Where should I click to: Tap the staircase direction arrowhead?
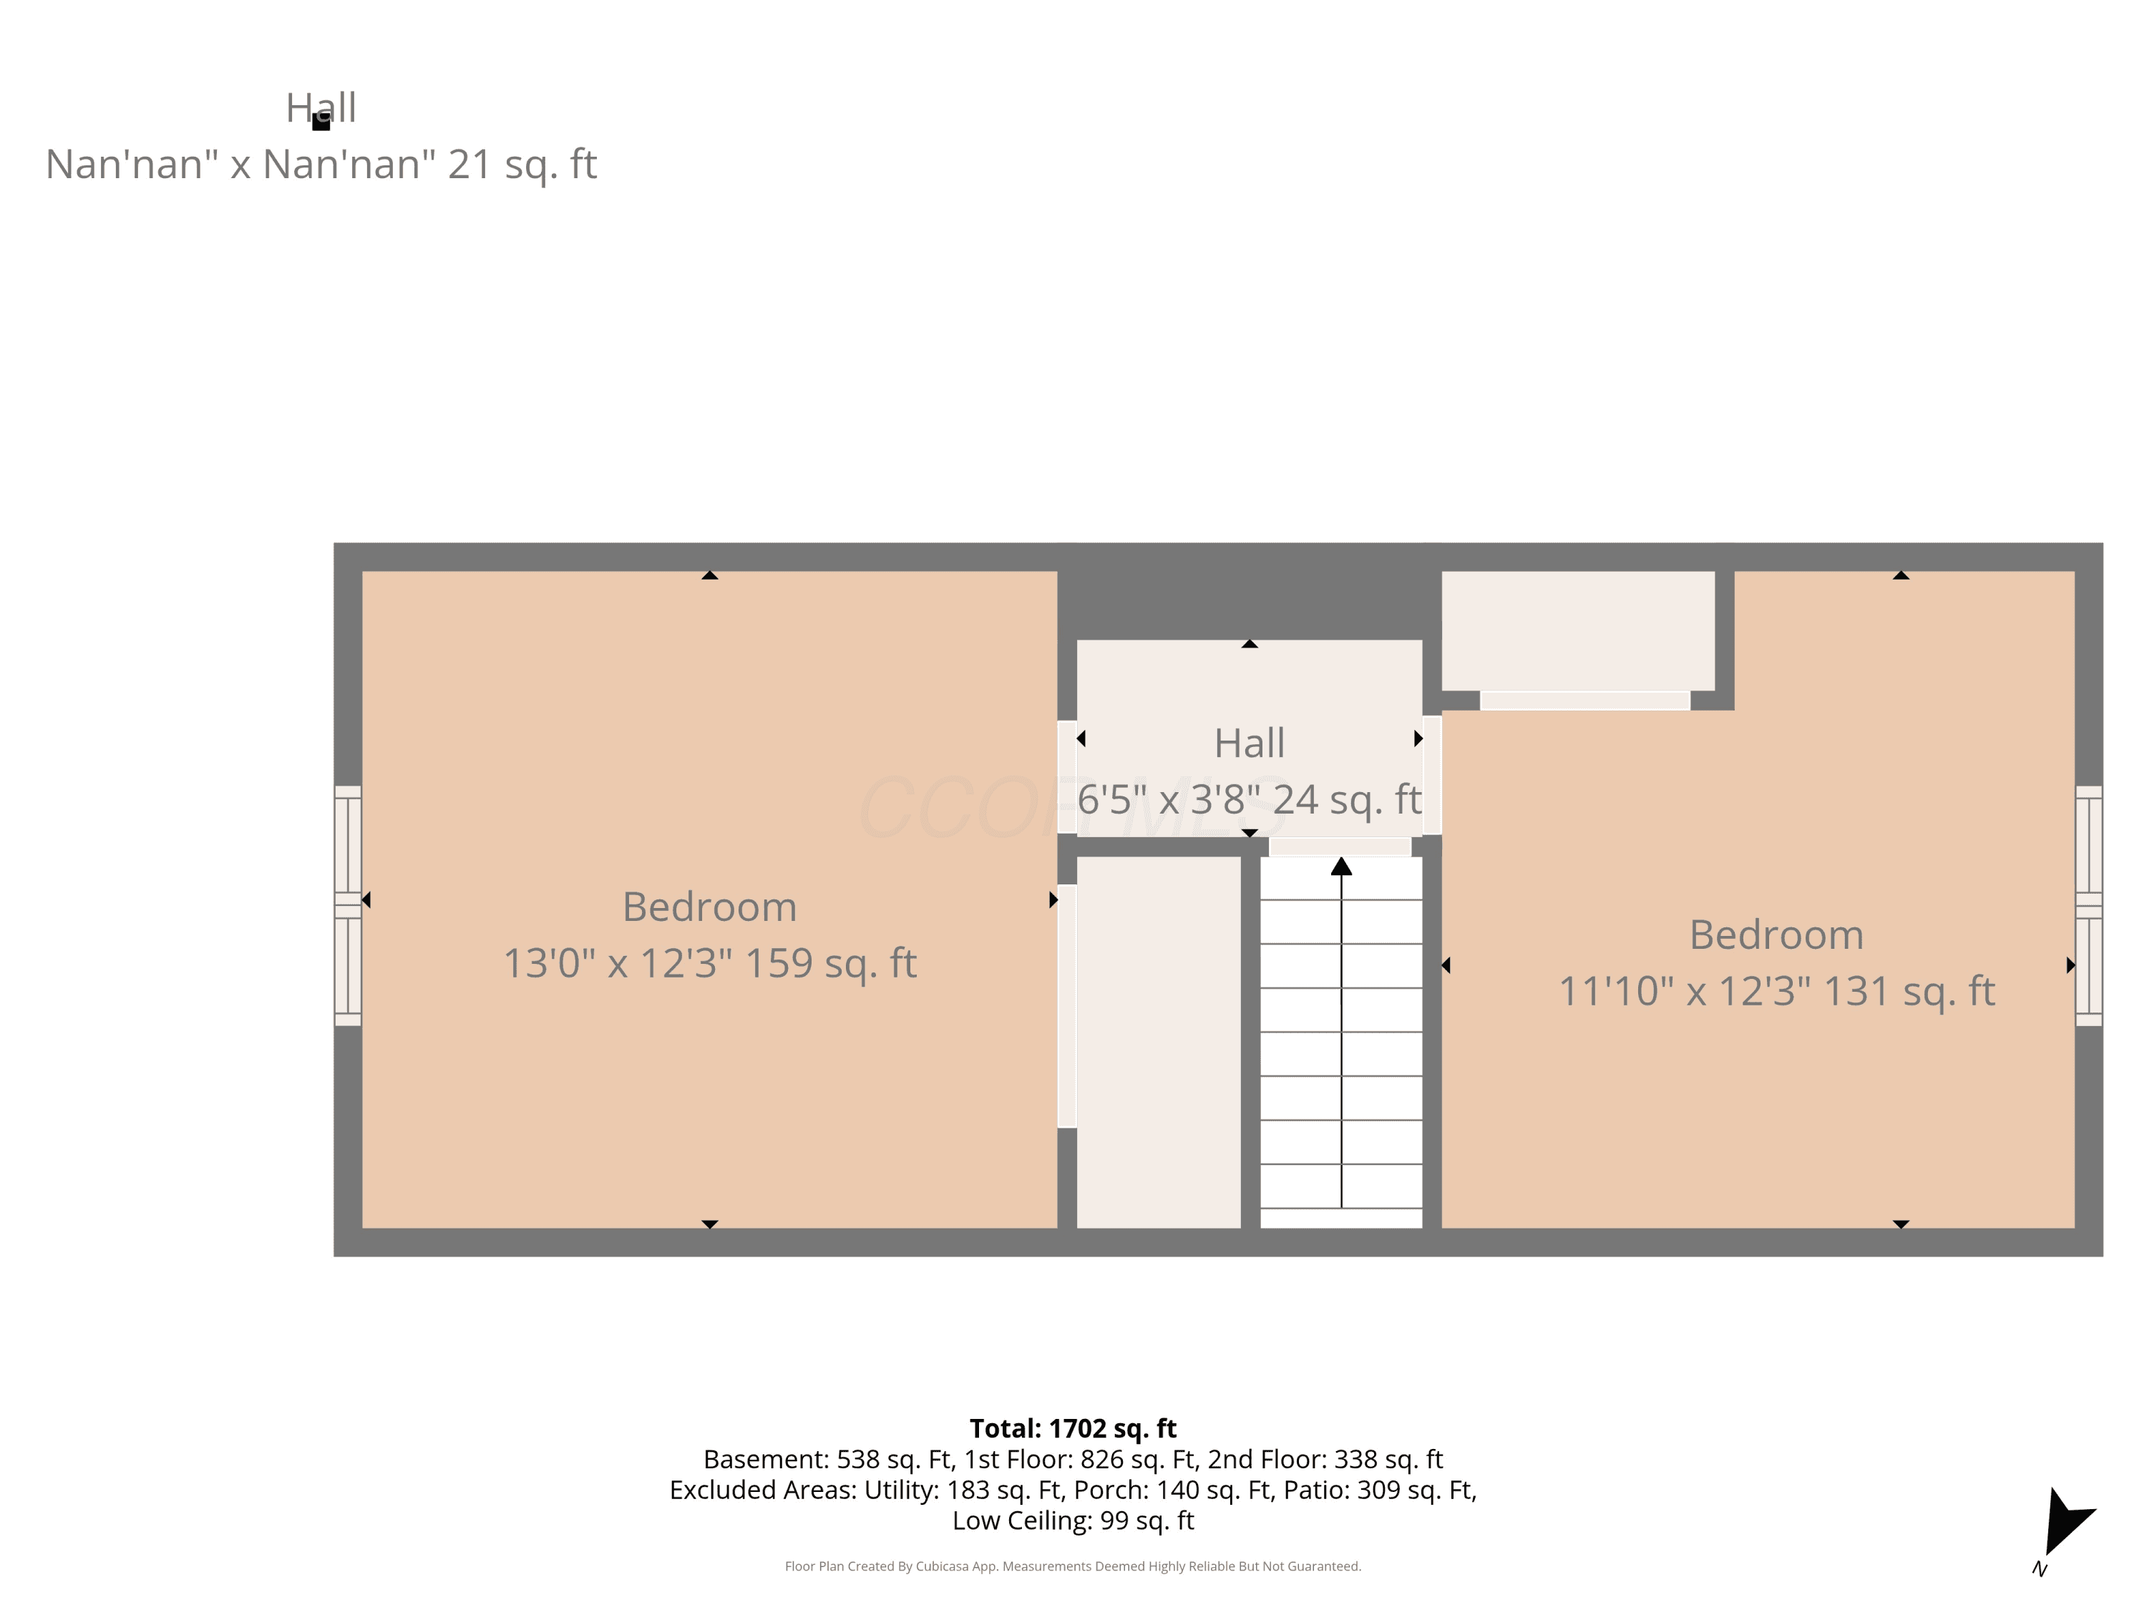[x=1341, y=866]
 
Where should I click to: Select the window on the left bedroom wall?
[x=348, y=905]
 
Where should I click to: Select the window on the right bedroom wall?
[x=2089, y=905]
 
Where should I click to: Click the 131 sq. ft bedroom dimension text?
[x=1776, y=992]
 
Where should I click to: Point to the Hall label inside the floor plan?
[x=1249, y=743]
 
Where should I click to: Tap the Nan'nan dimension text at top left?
[x=321, y=164]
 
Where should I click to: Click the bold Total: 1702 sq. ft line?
[x=1073, y=1428]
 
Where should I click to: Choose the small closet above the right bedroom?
[x=1577, y=631]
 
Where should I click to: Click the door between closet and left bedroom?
[x=1067, y=1005]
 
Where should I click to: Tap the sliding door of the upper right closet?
[x=1585, y=701]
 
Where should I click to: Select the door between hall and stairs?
[x=1340, y=847]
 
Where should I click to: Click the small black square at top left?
[x=321, y=122]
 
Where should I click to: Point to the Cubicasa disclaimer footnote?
[x=1073, y=1566]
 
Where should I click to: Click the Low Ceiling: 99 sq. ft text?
[x=1073, y=1521]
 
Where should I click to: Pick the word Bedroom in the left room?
[x=709, y=907]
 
